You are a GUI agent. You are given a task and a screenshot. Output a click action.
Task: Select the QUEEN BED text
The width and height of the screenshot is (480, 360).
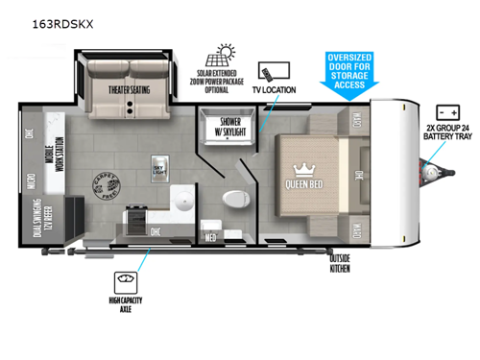pyautogui.click(x=301, y=184)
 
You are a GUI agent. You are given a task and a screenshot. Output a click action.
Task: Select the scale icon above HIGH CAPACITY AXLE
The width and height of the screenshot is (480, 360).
pyautogui.click(x=123, y=281)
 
